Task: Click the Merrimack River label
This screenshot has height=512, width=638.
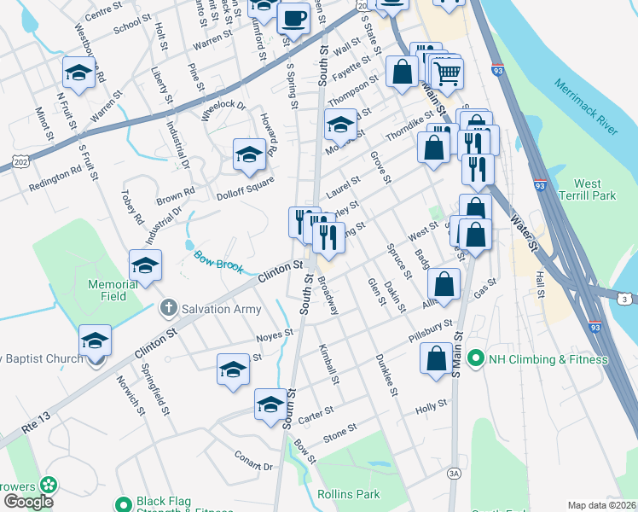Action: [x=585, y=108]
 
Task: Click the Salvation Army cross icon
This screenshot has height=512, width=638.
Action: [x=170, y=308]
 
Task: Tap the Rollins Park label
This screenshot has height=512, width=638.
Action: [x=347, y=494]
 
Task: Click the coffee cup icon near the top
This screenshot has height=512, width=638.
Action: [x=294, y=17]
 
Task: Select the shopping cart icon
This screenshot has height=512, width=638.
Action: [x=446, y=73]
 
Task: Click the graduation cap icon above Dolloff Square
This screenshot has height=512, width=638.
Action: [x=249, y=154]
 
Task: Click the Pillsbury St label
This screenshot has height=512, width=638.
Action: [x=429, y=331]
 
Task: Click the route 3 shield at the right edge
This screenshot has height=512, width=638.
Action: [x=625, y=298]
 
